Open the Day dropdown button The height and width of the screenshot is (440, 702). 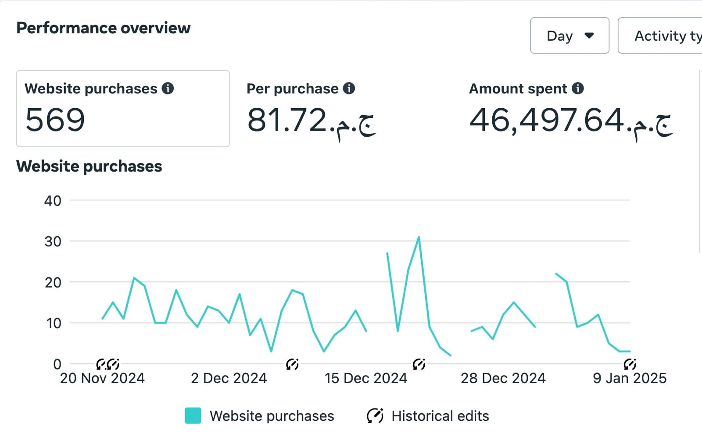tap(569, 35)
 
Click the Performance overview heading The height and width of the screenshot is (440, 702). tap(104, 28)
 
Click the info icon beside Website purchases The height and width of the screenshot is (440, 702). tap(168, 88)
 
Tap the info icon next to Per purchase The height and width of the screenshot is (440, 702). tap(349, 88)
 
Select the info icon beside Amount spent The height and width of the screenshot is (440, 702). tap(577, 88)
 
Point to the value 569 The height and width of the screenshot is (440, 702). tap(55, 120)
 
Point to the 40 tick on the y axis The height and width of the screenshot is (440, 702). tap(53, 201)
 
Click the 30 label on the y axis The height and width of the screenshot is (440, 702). tap(53, 241)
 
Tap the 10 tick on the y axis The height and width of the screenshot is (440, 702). tap(54, 323)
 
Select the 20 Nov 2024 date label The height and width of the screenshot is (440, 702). tap(102, 378)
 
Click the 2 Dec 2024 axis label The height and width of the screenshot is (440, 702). tap(229, 378)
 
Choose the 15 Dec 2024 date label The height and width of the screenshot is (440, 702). tap(366, 378)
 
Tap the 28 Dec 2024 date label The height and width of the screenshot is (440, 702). tap(503, 378)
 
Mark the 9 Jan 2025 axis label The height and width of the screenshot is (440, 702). tap(629, 378)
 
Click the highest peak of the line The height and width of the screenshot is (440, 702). tap(419, 237)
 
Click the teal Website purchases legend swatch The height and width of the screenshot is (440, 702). tap(193, 415)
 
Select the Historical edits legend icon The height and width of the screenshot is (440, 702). tap(375, 416)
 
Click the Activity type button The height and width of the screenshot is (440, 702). tap(660, 35)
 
